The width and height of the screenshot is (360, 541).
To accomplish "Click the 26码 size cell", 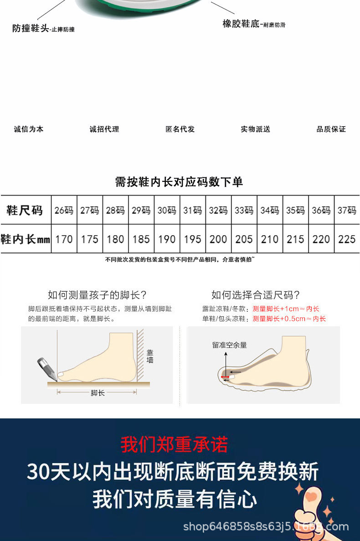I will [x=64, y=211].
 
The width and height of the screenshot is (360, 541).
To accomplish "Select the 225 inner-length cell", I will [x=347, y=239].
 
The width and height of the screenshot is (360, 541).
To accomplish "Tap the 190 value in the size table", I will [x=167, y=239].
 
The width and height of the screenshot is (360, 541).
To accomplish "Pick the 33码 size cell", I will [x=244, y=211].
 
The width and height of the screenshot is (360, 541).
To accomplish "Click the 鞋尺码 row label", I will [x=25, y=211].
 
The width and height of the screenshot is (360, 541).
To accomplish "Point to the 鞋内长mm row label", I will [x=25, y=239].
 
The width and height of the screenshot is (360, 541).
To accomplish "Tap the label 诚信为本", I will [x=29, y=129].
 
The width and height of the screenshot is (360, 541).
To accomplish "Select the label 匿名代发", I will [x=180, y=129].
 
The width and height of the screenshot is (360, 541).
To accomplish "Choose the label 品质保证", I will [x=331, y=129].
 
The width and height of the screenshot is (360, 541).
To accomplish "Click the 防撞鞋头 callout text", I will [x=31, y=29].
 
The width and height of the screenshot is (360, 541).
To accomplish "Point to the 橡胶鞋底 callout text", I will [x=241, y=24].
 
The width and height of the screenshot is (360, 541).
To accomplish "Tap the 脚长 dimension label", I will [x=98, y=392].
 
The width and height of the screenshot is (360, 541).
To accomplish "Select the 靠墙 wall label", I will [x=150, y=356].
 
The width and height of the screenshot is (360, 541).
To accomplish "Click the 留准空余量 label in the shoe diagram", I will [x=229, y=345].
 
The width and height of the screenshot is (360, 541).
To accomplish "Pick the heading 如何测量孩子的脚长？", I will [x=97, y=295].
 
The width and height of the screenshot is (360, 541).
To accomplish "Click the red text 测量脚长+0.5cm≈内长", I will [x=289, y=319].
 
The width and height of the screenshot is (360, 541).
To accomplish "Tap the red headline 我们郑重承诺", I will [x=174, y=444].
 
